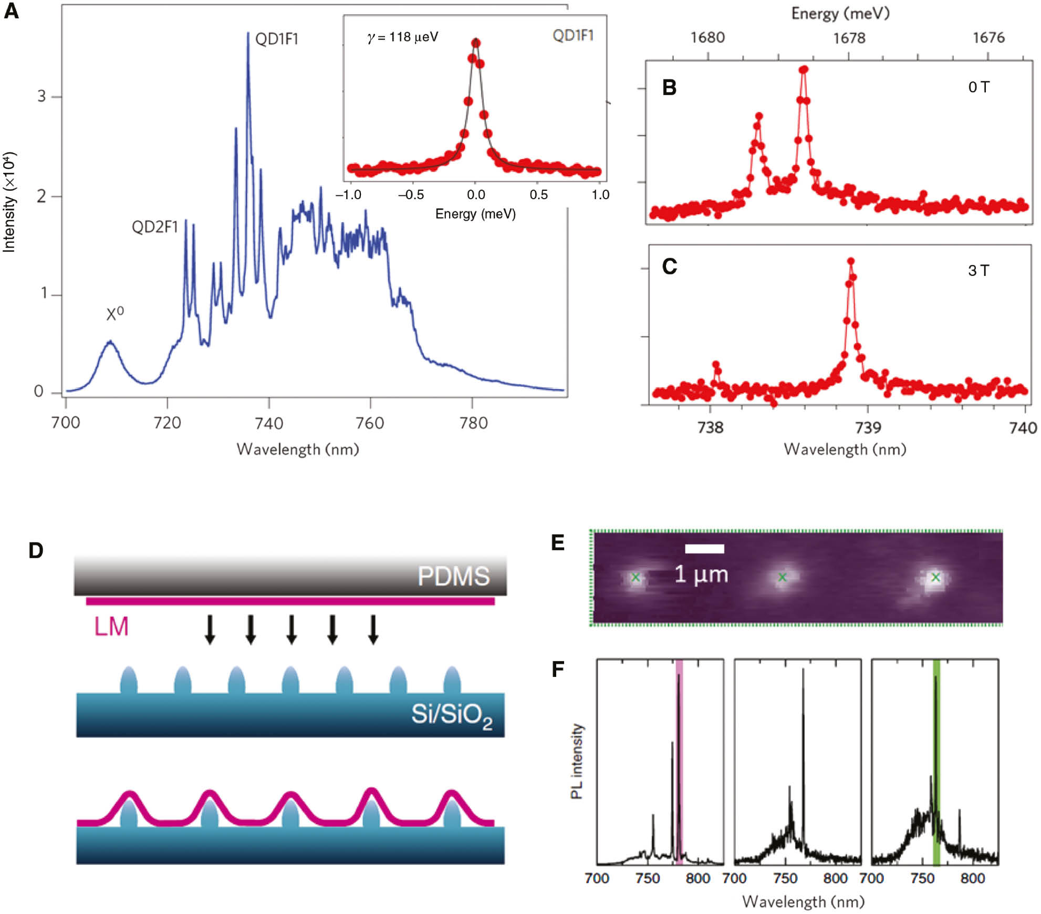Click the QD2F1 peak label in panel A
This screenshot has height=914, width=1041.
click(x=155, y=227)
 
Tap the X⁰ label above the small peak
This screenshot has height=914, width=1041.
click(x=114, y=313)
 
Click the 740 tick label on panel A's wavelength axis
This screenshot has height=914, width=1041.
click(x=269, y=423)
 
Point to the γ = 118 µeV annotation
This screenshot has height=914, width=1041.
click(x=402, y=37)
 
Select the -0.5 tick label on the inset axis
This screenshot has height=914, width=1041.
click(x=410, y=195)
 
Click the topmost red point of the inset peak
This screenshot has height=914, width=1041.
click(x=476, y=43)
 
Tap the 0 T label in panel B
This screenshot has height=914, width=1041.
click(x=978, y=87)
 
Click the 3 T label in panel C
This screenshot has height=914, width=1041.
click(x=978, y=271)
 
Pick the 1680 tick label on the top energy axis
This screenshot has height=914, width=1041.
click(x=707, y=37)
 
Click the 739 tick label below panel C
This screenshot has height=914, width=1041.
click(x=867, y=428)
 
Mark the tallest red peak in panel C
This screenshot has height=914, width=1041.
click(x=851, y=261)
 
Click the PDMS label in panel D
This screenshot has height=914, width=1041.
click(x=454, y=576)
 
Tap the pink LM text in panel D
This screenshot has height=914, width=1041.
click(x=111, y=627)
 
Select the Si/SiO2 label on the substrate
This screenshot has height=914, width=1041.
click(x=451, y=715)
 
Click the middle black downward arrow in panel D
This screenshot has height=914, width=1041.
click(x=292, y=629)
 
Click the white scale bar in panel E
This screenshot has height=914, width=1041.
click(x=704, y=549)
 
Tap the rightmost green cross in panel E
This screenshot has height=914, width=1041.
click(x=935, y=577)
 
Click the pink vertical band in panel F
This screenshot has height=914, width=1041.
click(x=679, y=762)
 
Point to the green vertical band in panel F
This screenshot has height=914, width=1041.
click(x=936, y=762)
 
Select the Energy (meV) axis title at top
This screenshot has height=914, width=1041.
click(x=840, y=13)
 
